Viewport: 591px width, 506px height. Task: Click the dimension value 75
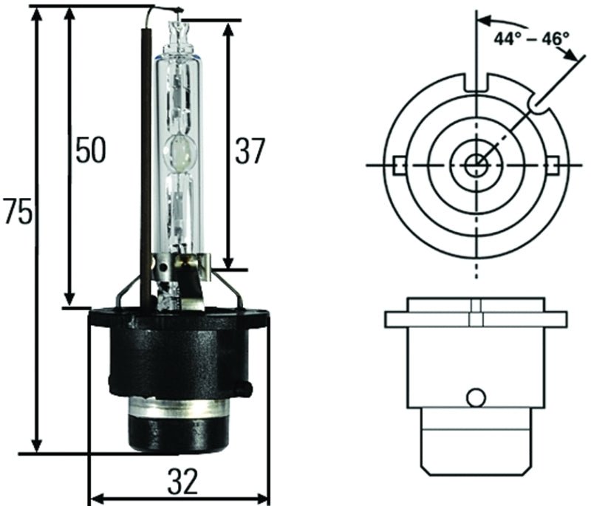[x=16, y=213]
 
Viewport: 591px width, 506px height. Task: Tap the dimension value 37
[x=248, y=151]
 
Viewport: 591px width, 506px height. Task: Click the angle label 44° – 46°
[x=531, y=38]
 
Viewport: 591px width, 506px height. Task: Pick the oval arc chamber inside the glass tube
[x=180, y=151]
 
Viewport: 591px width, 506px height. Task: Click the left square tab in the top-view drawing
[x=400, y=163]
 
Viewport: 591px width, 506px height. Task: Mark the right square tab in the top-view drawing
[x=553, y=163]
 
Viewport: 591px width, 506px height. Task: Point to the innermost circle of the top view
[x=476, y=163]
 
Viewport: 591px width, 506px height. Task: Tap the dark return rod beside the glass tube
[x=146, y=148]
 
